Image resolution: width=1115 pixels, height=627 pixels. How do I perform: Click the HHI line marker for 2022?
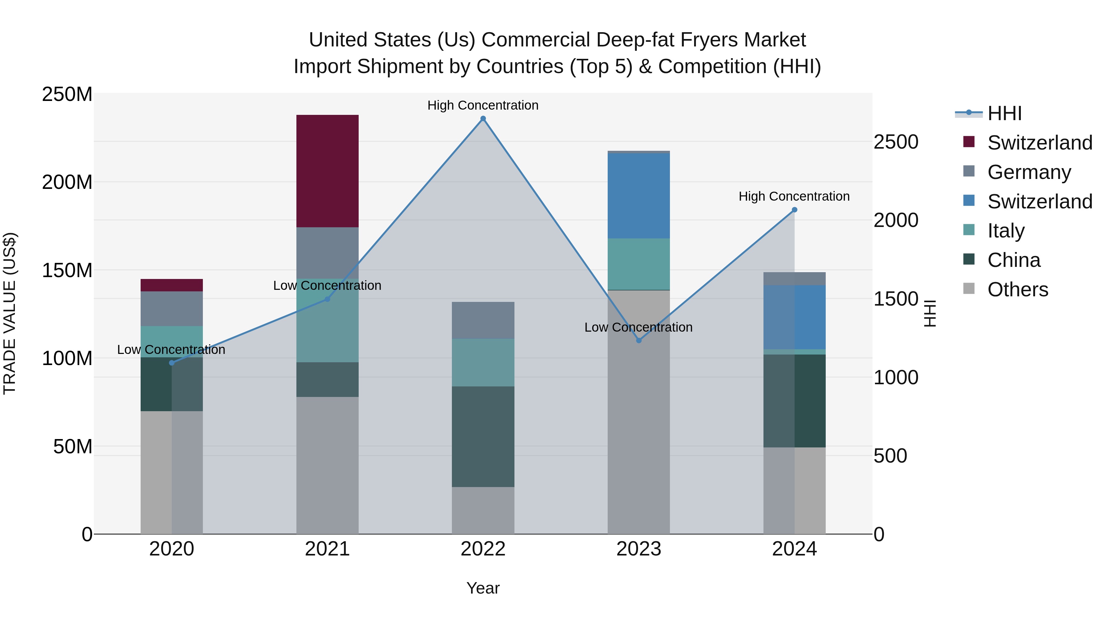click(x=483, y=119)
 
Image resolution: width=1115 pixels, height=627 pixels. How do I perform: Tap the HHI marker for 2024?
click(x=794, y=210)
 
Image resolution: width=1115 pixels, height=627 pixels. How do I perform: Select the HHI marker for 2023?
click(x=639, y=341)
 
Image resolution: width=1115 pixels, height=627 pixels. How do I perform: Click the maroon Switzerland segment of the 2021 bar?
click(x=327, y=171)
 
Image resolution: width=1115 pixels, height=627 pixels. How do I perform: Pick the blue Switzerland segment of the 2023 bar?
click(x=639, y=196)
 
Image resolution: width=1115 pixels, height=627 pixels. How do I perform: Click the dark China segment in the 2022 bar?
click(x=483, y=436)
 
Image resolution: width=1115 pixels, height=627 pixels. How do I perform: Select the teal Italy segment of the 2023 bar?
click(x=639, y=264)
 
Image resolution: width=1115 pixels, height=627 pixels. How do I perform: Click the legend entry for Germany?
click(x=1029, y=172)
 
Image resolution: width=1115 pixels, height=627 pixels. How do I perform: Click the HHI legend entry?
click(x=1004, y=113)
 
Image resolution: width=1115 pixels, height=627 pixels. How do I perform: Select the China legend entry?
click(x=1013, y=260)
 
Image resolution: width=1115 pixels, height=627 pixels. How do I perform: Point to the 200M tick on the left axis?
click(x=67, y=182)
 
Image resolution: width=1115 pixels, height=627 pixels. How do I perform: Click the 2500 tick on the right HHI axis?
click(x=895, y=142)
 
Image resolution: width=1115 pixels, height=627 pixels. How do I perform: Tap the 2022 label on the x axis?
click(x=483, y=549)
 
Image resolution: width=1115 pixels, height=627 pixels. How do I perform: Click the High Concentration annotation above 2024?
click(x=794, y=196)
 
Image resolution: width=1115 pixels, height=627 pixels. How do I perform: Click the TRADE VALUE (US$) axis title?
click(x=10, y=313)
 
